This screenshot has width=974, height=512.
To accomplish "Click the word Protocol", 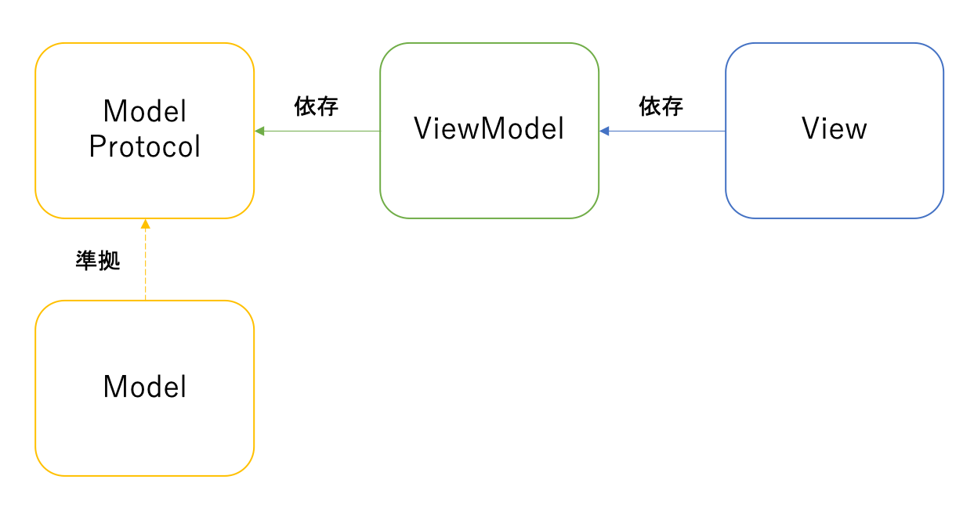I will (145, 147).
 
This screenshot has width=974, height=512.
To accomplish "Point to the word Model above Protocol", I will (145, 112).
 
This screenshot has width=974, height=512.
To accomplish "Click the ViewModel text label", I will (489, 129).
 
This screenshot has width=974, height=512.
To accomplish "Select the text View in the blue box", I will (834, 129).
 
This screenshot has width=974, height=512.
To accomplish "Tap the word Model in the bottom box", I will (145, 387).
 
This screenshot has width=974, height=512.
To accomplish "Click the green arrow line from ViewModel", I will (321, 131).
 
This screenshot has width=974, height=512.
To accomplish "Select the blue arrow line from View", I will (666, 131).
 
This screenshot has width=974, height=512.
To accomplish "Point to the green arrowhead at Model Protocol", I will (260, 131).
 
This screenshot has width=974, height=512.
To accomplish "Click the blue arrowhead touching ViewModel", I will (605, 131).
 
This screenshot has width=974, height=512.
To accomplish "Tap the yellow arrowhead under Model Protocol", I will (145, 224).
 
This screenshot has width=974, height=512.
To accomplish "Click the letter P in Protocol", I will (97, 147).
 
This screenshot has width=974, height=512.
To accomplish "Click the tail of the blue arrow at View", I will (722, 131).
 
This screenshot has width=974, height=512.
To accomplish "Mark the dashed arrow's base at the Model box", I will (145, 297).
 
